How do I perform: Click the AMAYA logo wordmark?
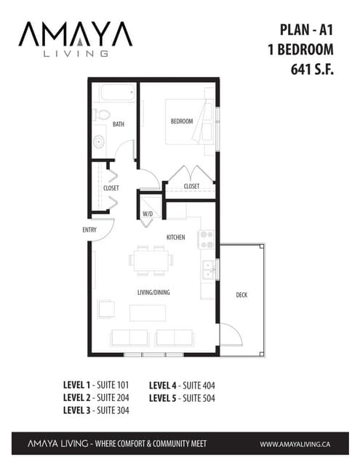[75, 34]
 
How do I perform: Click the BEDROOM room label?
[182, 121]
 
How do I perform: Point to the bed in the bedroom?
[191, 120]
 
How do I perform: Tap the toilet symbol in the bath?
[101, 115]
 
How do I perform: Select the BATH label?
[118, 124]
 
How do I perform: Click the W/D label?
[148, 214]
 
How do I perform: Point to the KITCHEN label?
[175, 237]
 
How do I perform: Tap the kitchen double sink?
[208, 270]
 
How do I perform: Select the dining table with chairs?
[152, 259]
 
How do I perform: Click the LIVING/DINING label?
[153, 293]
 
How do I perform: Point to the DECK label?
[242, 294]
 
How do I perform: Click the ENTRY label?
[90, 230]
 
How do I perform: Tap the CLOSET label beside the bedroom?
[191, 186]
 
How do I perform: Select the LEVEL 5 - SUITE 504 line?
[182, 398]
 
